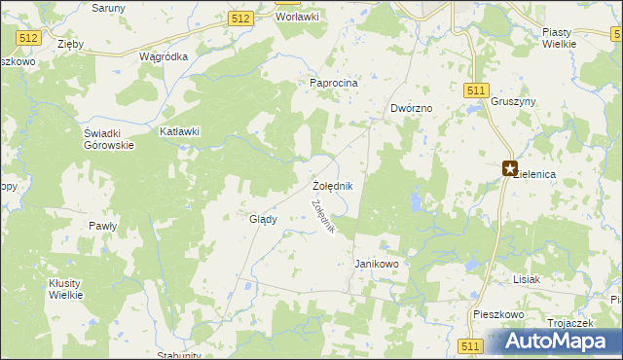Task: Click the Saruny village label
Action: pyautogui.click(x=111, y=7)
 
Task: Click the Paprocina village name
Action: pyautogui.click(x=334, y=83)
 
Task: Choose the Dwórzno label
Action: pyautogui.click(x=410, y=108)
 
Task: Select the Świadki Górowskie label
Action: pyautogui.click(x=108, y=139)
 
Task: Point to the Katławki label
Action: pyautogui.click(x=180, y=131)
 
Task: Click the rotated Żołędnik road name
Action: pyautogui.click(x=323, y=216)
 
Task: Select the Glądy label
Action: pyautogui.click(x=263, y=219)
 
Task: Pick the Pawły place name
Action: pyautogui.click(x=103, y=226)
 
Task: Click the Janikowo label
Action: pyautogui.click(x=377, y=264)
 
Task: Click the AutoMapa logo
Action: pyautogui.click(x=557, y=341)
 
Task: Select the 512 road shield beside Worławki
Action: pyautogui.click(x=242, y=18)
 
